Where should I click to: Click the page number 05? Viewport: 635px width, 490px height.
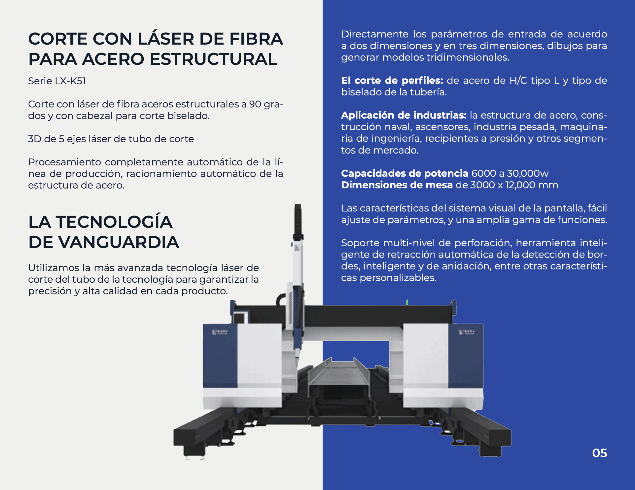tap(600, 453)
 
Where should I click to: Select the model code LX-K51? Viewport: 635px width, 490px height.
tap(70, 81)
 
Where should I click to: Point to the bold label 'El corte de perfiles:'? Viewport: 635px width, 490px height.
tap(392, 81)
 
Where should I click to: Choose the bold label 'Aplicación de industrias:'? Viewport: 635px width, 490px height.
tap(404, 115)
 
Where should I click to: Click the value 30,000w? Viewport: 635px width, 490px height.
tap(528, 174)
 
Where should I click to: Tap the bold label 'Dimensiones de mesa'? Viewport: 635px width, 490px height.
tap(397, 185)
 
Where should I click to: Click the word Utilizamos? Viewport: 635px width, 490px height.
tap(54, 268)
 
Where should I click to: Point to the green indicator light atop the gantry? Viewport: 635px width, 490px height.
tap(407, 302)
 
